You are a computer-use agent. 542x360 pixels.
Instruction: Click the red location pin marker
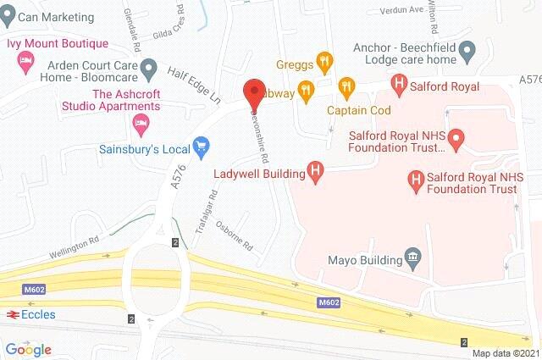[252, 91]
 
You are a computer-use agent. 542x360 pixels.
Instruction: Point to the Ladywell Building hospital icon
[316, 174]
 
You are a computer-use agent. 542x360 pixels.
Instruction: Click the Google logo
[28, 349]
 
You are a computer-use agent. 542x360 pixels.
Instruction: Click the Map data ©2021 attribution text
[505, 353]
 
